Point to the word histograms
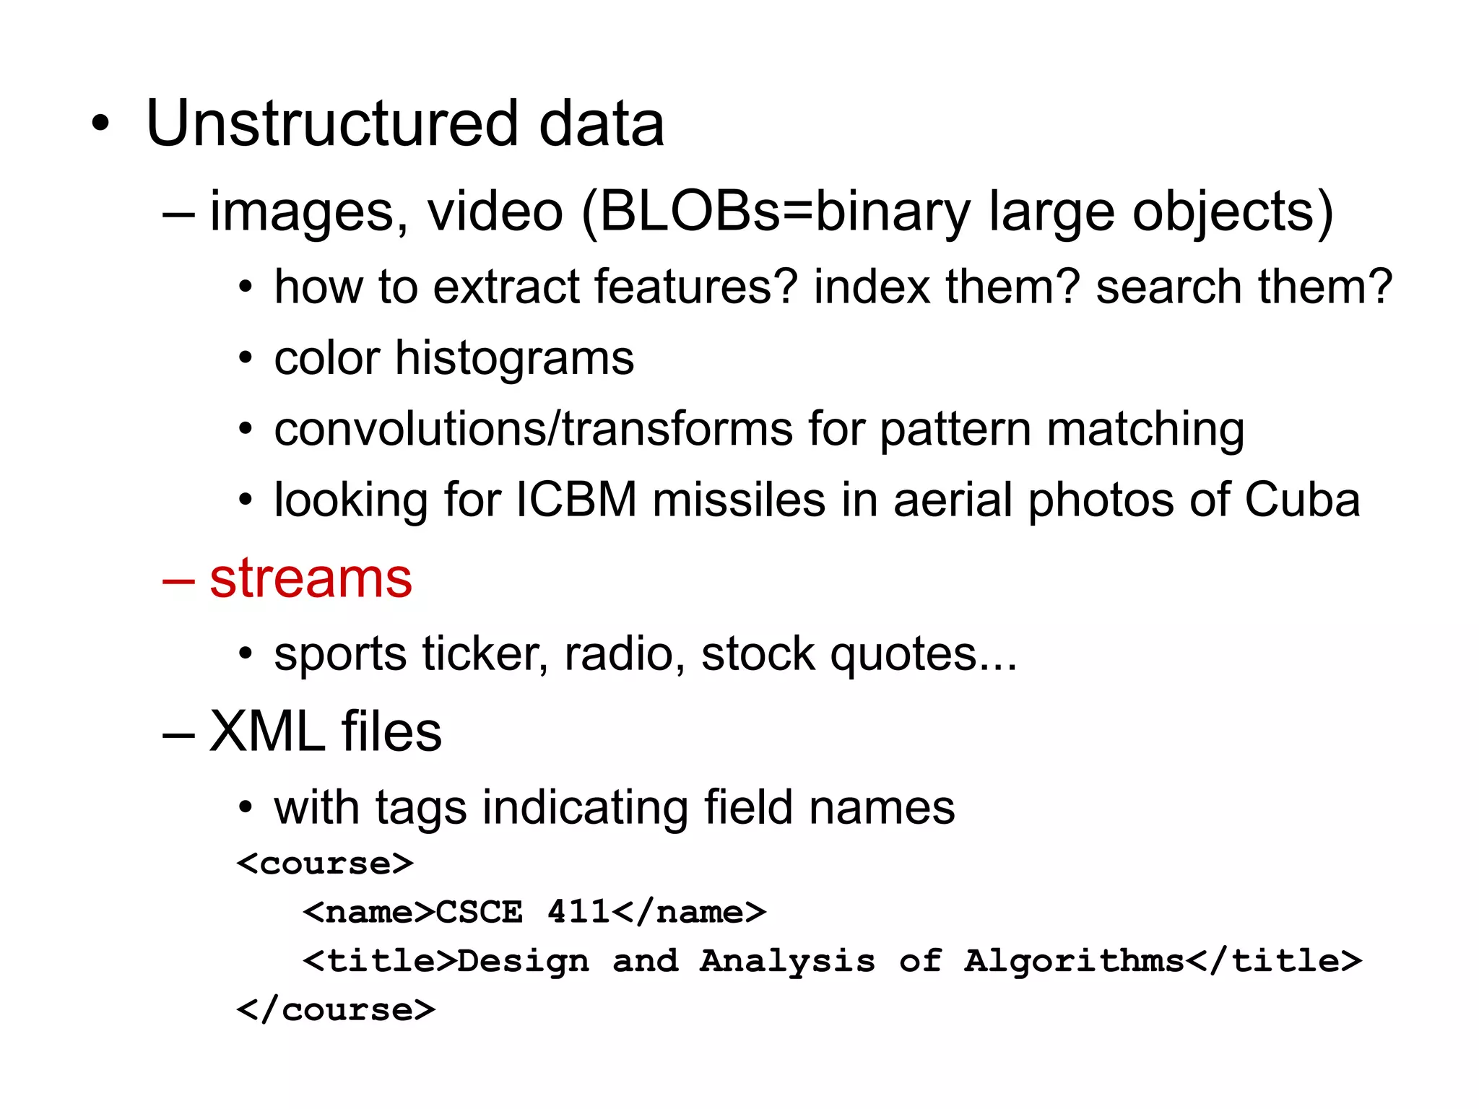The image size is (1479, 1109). (x=514, y=358)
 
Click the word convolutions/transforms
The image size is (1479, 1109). (x=533, y=429)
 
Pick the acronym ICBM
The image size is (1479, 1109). (x=576, y=500)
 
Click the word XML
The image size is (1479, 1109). (x=267, y=731)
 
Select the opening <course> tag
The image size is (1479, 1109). (x=325, y=864)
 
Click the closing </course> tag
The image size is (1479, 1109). (x=337, y=1009)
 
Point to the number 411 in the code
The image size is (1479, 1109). (x=578, y=912)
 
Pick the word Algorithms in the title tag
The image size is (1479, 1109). (x=1075, y=961)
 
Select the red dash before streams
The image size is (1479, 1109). (x=178, y=580)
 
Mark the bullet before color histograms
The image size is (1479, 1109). (x=246, y=359)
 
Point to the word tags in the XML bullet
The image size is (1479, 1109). (x=420, y=808)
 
